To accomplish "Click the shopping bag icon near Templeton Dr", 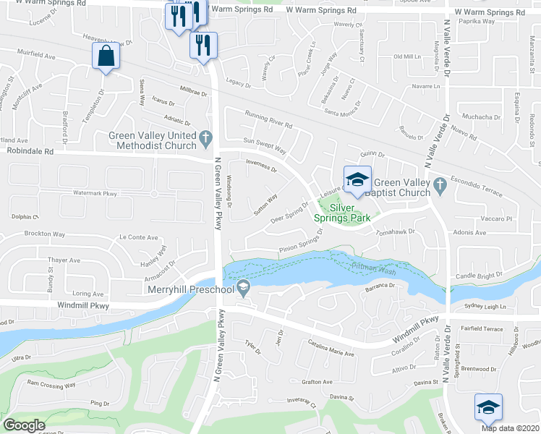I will point(106,56).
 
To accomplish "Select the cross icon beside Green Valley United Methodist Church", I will point(205,135).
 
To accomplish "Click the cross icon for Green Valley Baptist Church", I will point(439,187).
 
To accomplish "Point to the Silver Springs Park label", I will point(341,211).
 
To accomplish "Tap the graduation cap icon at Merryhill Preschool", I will point(244,289).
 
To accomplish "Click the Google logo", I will point(24,425).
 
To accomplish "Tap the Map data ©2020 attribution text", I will point(511,427).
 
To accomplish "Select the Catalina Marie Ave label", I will point(331,349).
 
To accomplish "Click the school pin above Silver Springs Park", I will point(357,180).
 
